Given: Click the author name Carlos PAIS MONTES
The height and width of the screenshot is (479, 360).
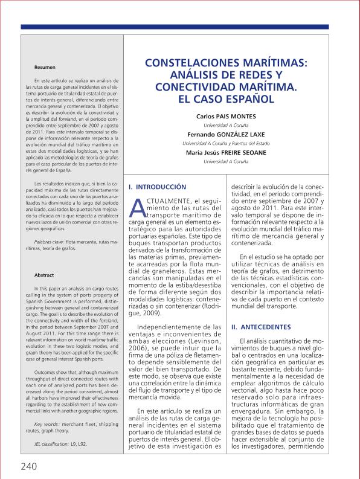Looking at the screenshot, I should pyautogui.click(x=226, y=116).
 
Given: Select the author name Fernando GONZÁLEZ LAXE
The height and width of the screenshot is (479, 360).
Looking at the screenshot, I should pyautogui.click(x=226, y=134).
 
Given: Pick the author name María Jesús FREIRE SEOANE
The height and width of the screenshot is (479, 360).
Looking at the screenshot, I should pyautogui.click(x=226, y=153).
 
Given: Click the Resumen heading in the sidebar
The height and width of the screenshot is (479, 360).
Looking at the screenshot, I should pyautogui.click(x=45, y=66).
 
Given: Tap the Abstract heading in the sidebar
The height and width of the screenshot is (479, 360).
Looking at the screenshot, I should pyautogui.click(x=45, y=275).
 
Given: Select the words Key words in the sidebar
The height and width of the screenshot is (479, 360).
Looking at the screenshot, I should pyautogui.click(x=50, y=425).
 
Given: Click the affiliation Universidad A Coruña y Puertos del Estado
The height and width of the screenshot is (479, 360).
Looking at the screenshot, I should pyautogui.click(x=226, y=143).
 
